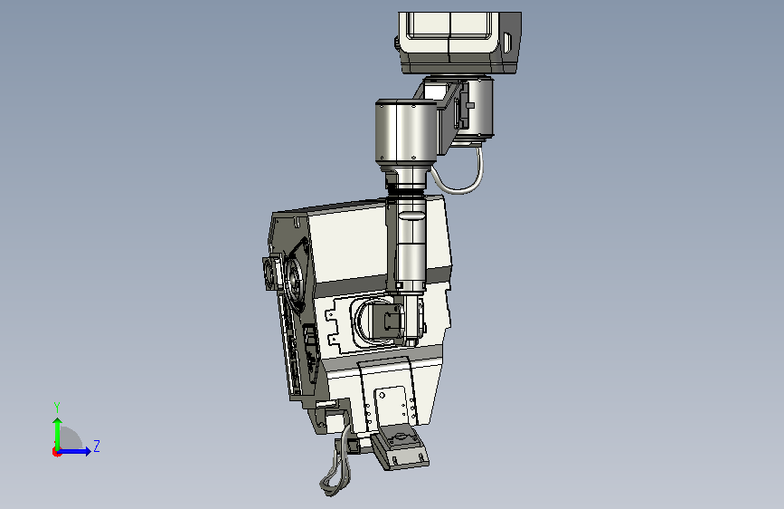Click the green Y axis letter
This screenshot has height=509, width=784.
click(x=57, y=407)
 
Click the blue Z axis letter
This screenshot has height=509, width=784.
click(x=97, y=446)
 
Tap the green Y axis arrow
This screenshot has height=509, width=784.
click(x=58, y=434)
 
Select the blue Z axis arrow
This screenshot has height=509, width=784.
click(x=74, y=451)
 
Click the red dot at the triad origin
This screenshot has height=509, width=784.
click(x=56, y=452)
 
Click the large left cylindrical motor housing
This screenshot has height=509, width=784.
click(x=406, y=130)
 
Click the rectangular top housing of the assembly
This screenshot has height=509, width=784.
click(x=460, y=43)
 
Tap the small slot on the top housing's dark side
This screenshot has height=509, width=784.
click(x=507, y=43)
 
